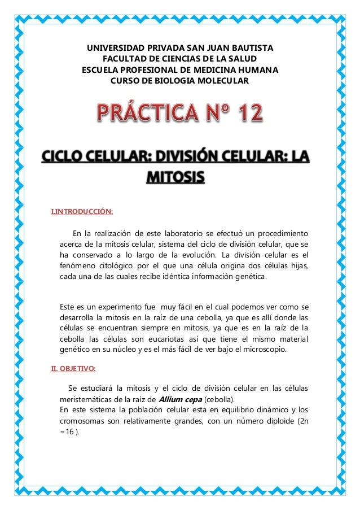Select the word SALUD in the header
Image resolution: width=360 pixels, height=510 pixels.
[x=243, y=59]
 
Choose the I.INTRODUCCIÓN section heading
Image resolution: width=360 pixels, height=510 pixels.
[x=82, y=212]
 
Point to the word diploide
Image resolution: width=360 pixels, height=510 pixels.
[x=274, y=421]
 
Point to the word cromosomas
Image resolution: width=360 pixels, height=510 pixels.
[x=82, y=421]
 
